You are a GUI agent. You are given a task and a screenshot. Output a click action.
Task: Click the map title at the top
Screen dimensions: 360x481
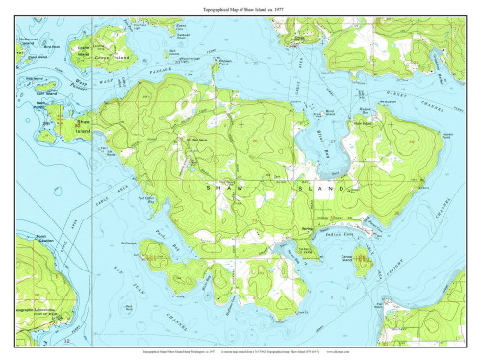240,8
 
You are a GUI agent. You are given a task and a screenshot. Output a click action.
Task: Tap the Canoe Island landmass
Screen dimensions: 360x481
363,257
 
